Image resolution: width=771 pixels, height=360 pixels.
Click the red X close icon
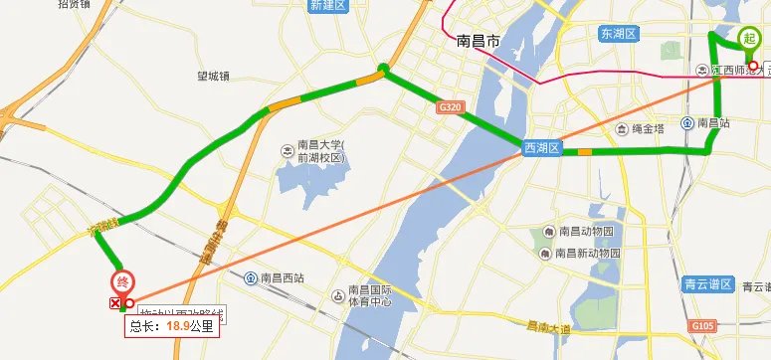pyautogui.click(x=115, y=303)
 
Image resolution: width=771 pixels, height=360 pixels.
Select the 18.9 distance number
pyautogui.click(x=178, y=324)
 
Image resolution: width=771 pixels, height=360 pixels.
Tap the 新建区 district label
pyautogui.click(x=326, y=5)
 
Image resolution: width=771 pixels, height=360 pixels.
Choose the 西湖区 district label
pyautogui.click(x=543, y=148)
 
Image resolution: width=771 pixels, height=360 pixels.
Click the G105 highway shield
pyautogui.click(x=702, y=325)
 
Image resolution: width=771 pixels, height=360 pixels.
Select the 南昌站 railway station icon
pyautogui.click(x=688, y=123)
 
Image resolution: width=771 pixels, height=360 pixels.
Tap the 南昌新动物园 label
pyautogui.click(x=589, y=254)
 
